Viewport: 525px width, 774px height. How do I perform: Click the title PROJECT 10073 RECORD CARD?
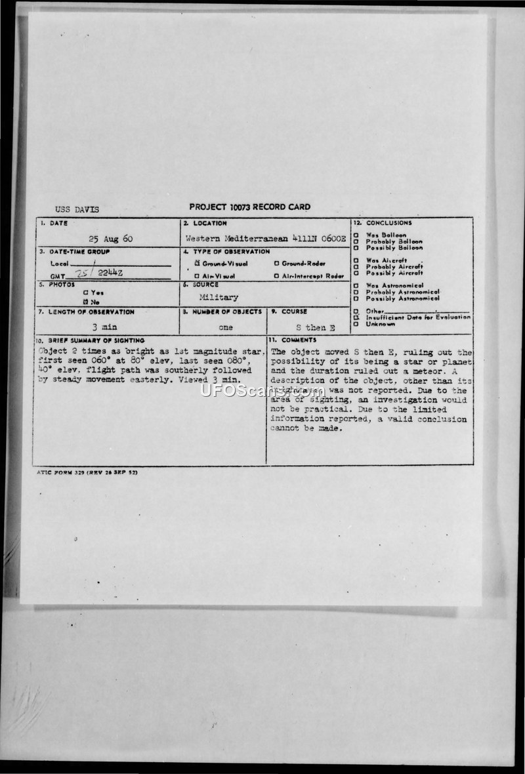(x=249, y=207)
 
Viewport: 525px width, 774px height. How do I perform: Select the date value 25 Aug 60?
(x=110, y=239)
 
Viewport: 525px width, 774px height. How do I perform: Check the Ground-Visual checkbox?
(x=197, y=263)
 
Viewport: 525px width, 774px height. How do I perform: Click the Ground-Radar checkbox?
(x=277, y=263)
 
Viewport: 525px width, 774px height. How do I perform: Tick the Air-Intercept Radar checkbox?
(x=277, y=276)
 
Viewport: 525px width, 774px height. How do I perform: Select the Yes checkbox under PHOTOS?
(x=85, y=293)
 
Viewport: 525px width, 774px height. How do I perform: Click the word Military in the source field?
(x=219, y=297)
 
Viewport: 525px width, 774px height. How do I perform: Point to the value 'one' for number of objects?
(x=225, y=327)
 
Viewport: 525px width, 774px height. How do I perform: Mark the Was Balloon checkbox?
(x=356, y=235)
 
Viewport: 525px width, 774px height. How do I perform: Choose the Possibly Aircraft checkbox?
(x=356, y=273)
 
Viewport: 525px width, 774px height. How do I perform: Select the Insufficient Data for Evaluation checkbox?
(x=356, y=317)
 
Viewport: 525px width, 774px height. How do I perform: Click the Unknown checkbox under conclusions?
(x=356, y=323)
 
